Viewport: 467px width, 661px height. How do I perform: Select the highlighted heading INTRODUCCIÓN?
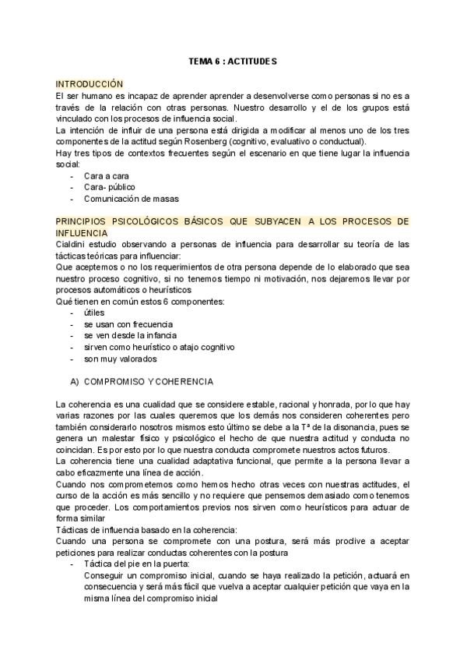[x=90, y=83]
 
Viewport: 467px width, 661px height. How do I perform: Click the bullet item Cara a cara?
[x=106, y=176]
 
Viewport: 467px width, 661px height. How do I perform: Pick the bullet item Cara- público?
[x=110, y=187]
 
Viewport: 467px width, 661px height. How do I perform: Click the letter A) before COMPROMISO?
[x=75, y=382]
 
